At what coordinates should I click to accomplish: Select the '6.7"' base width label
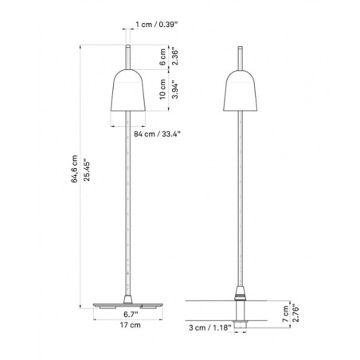pos(125,315)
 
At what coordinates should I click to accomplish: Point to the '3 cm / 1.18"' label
pos(218,327)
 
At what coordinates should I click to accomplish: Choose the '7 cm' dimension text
pos(273,308)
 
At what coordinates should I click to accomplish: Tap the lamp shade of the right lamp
pos(241,89)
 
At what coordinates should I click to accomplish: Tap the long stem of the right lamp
pos(241,199)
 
